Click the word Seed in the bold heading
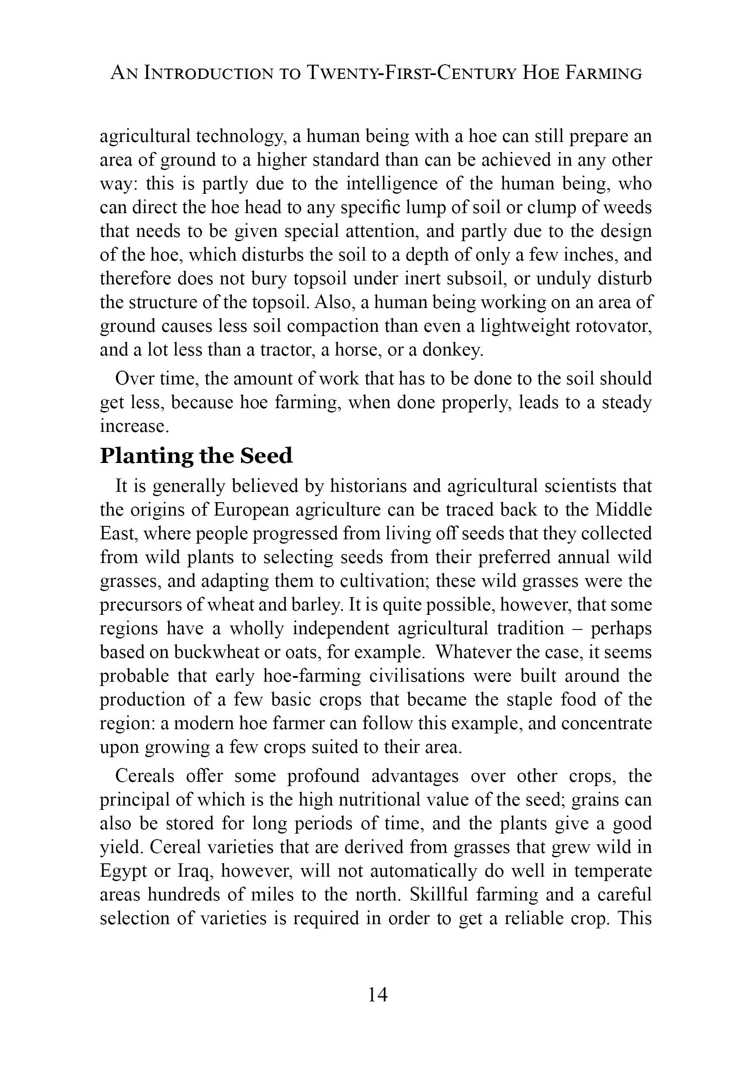266,456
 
